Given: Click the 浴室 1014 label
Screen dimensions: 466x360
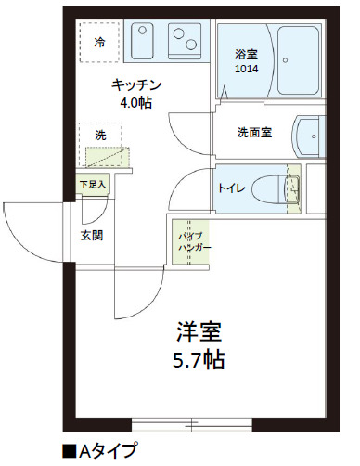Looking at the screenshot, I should (x=247, y=61).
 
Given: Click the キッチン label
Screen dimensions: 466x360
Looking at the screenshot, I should (x=134, y=84).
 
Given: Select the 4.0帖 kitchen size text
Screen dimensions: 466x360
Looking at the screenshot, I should (x=135, y=102).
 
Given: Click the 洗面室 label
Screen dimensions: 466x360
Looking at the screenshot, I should (x=253, y=133).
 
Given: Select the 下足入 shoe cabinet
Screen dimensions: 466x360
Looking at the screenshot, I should (x=94, y=185).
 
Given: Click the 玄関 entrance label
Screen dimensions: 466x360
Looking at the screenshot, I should (x=91, y=234).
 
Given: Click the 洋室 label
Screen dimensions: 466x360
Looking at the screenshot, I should (x=199, y=330).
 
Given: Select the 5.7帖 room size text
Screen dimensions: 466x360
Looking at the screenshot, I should (x=199, y=358).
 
